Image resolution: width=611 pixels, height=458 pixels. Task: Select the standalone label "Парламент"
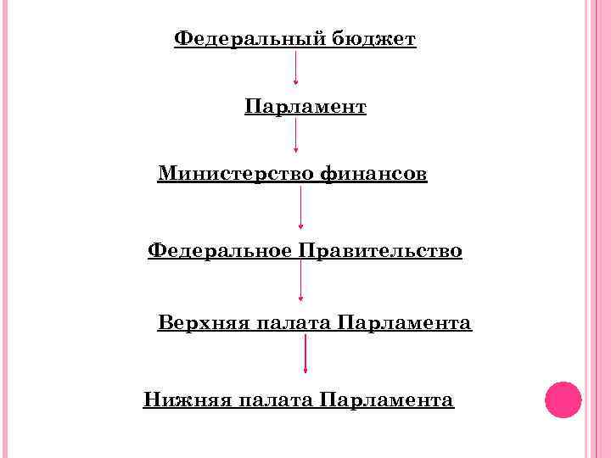pos(305,108)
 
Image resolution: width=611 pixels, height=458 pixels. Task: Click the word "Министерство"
pos(236,175)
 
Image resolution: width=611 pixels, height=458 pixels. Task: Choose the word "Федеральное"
pos(219,251)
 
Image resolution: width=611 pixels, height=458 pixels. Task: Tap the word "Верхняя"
pos(200,324)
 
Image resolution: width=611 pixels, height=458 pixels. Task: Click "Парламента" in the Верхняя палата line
pos(405,324)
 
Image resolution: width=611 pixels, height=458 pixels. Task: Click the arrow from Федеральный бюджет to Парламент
pos(295,68)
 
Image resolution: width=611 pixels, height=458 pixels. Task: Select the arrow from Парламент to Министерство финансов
pos(295,136)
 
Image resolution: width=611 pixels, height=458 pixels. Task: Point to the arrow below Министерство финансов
pos(300,208)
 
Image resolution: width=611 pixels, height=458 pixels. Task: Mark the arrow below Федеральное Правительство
pos(300,281)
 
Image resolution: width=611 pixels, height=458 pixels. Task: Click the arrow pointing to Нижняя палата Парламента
pos(305,354)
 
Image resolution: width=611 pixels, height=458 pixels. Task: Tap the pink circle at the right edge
pos(563,399)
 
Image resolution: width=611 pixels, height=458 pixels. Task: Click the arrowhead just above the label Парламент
pos(295,83)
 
